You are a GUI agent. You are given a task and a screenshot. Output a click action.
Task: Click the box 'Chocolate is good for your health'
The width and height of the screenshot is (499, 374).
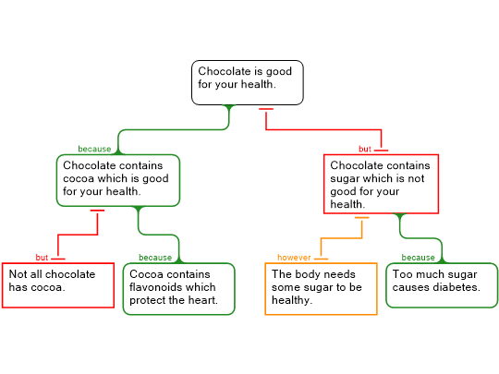pyautogui.click(x=248, y=82)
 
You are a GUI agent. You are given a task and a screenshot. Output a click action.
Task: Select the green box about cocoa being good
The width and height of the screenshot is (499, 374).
pyautogui.click(x=118, y=180)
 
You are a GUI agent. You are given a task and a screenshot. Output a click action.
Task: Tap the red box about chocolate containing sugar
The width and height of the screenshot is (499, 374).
pyautogui.click(x=381, y=184)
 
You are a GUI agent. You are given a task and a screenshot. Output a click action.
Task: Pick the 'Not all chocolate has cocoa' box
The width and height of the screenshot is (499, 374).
pyautogui.click(x=58, y=285)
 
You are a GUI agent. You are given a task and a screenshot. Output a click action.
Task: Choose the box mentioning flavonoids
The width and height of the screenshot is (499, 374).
pyautogui.click(x=179, y=289)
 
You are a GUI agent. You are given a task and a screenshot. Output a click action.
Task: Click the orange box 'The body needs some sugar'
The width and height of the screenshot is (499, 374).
pyautogui.click(x=321, y=289)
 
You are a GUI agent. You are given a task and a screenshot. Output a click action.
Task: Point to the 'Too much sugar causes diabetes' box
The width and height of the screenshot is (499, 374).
pyautogui.click(x=442, y=285)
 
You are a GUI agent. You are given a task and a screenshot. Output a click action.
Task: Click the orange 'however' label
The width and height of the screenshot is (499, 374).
pyautogui.click(x=294, y=258)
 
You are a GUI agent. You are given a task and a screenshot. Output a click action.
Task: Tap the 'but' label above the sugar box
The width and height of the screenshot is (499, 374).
pyautogui.click(x=365, y=149)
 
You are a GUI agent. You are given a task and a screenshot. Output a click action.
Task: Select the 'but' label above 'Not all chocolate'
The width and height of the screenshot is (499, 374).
pyautogui.click(x=42, y=258)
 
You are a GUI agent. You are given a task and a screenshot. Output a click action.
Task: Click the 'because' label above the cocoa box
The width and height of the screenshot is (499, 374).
pyautogui.click(x=94, y=149)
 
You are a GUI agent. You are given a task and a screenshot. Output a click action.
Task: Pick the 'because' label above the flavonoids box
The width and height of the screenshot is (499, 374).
pyautogui.click(x=155, y=258)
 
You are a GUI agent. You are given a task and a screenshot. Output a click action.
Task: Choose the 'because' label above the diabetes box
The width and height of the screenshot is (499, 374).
pyautogui.click(x=419, y=258)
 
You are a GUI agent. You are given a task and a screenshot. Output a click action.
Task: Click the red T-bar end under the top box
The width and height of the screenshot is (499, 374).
pyautogui.click(x=266, y=109)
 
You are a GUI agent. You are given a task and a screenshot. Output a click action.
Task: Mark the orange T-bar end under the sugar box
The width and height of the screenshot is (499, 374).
pyautogui.click(x=362, y=218)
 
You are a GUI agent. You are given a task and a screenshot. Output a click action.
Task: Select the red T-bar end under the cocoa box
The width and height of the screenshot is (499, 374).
pyautogui.click(x=97, y=211)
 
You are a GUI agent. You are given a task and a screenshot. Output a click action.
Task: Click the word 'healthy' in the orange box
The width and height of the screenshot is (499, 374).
pyautogui.click(x=292, y=300)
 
